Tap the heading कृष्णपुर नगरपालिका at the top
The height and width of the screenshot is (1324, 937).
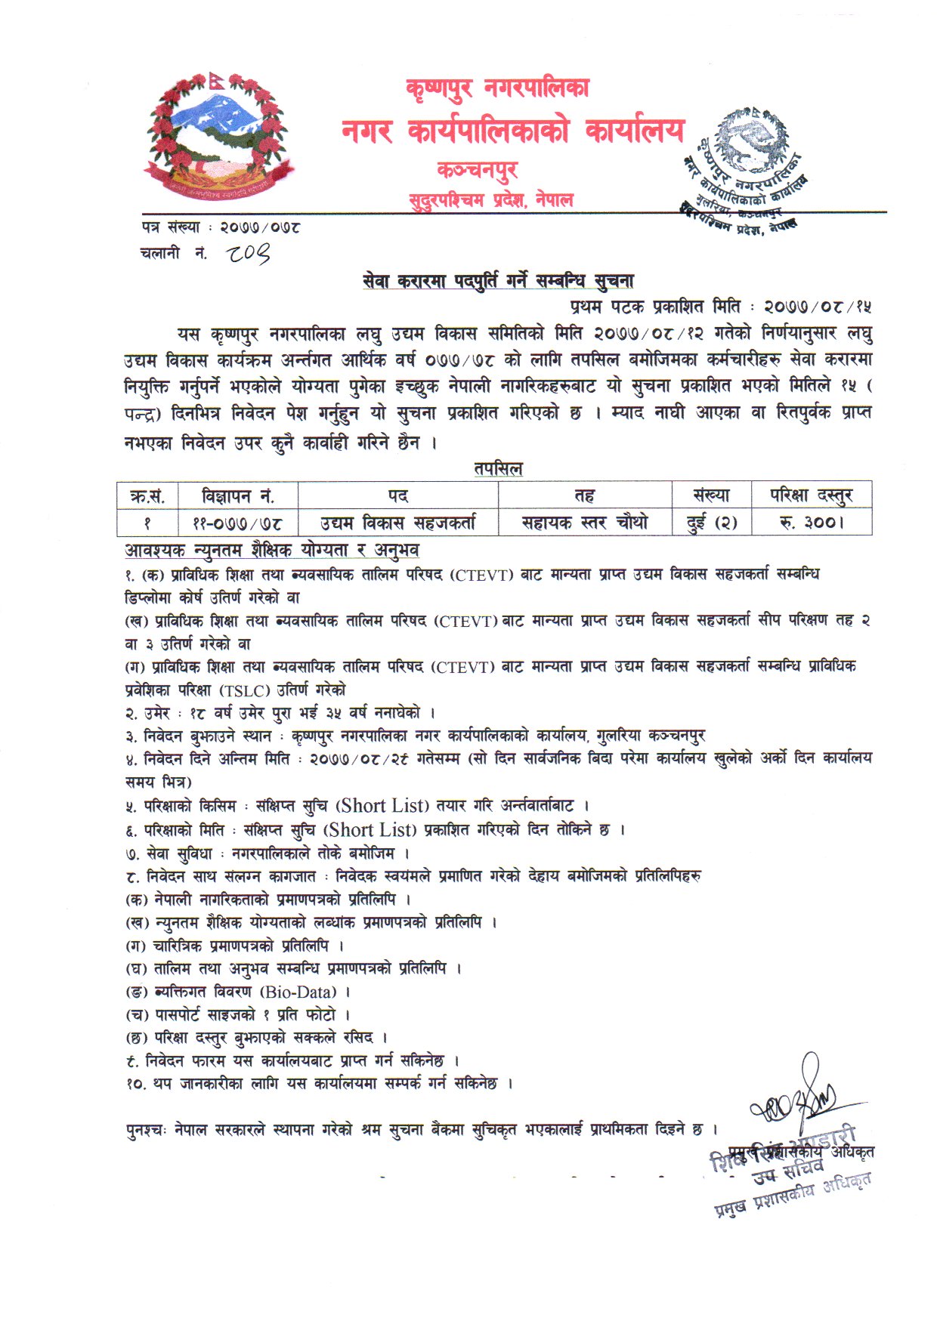[497, 89]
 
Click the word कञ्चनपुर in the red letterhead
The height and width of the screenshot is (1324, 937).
[477, 169]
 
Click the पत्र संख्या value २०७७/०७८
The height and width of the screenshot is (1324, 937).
[260, 227]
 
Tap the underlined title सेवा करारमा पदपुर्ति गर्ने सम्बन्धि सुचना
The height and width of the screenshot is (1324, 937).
[498, 281]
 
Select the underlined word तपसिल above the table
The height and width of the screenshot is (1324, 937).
[498, 468]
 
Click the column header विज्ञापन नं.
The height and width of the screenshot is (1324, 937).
[238, 496]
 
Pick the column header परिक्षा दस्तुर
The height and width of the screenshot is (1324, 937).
[811, 495]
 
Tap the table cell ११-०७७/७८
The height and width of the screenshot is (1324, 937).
[238, 523]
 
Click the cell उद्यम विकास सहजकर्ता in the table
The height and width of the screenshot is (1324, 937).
[397, 523]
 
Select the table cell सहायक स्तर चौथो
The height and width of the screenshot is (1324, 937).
[585, 523]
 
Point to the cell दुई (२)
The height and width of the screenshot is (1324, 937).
[712, 523]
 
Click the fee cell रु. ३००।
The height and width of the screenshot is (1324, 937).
[811, 523]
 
